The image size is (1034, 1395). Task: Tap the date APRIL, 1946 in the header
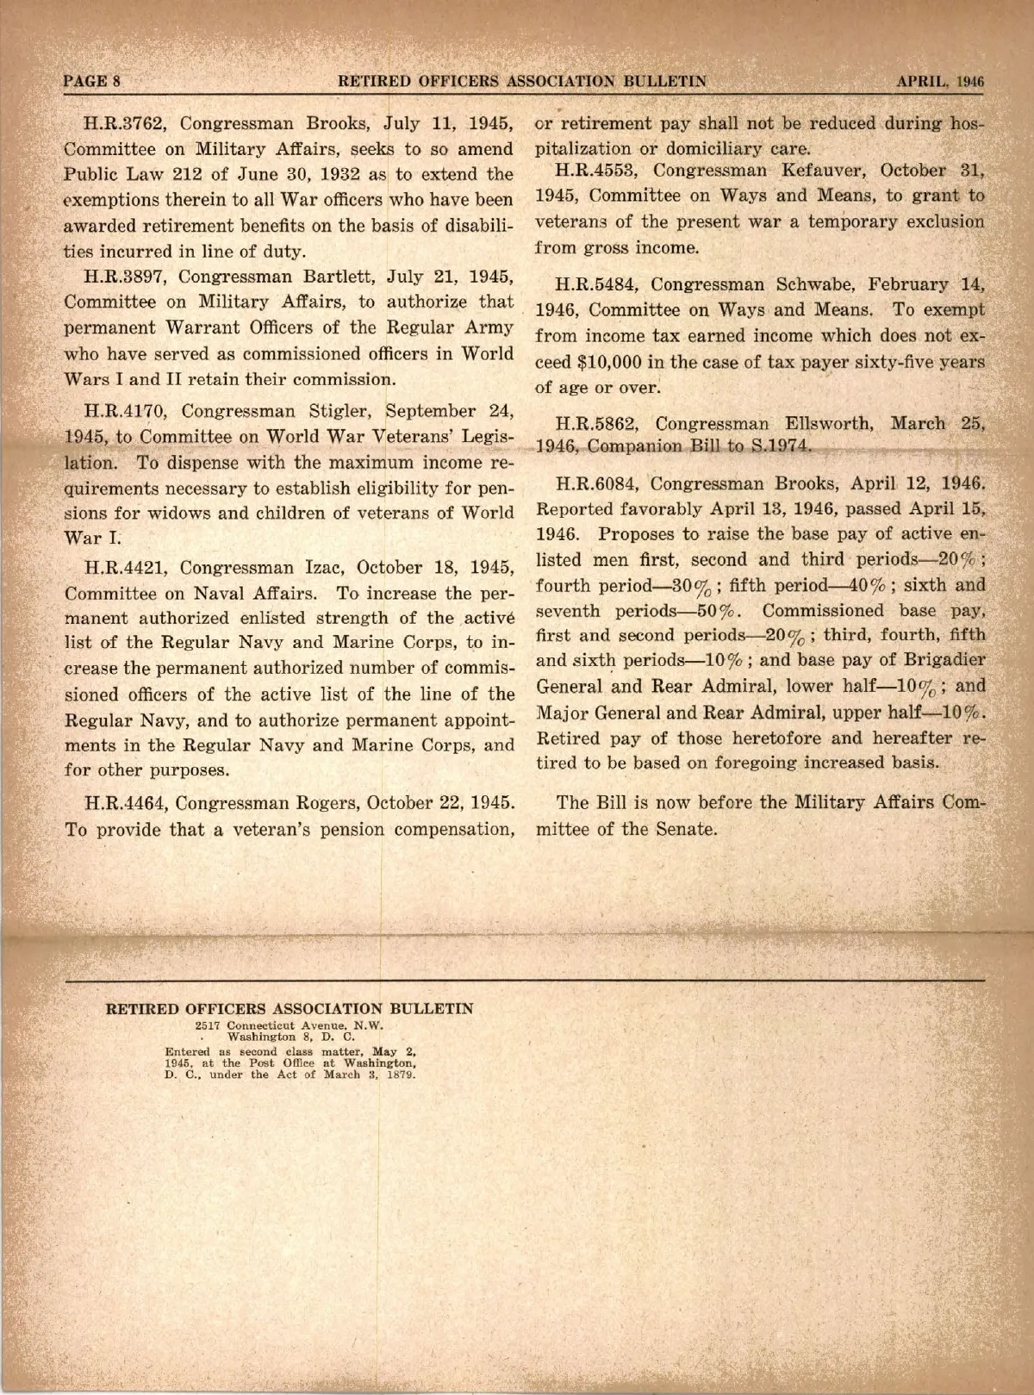coord(940,82)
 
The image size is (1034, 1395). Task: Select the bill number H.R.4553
coord(596,170)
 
